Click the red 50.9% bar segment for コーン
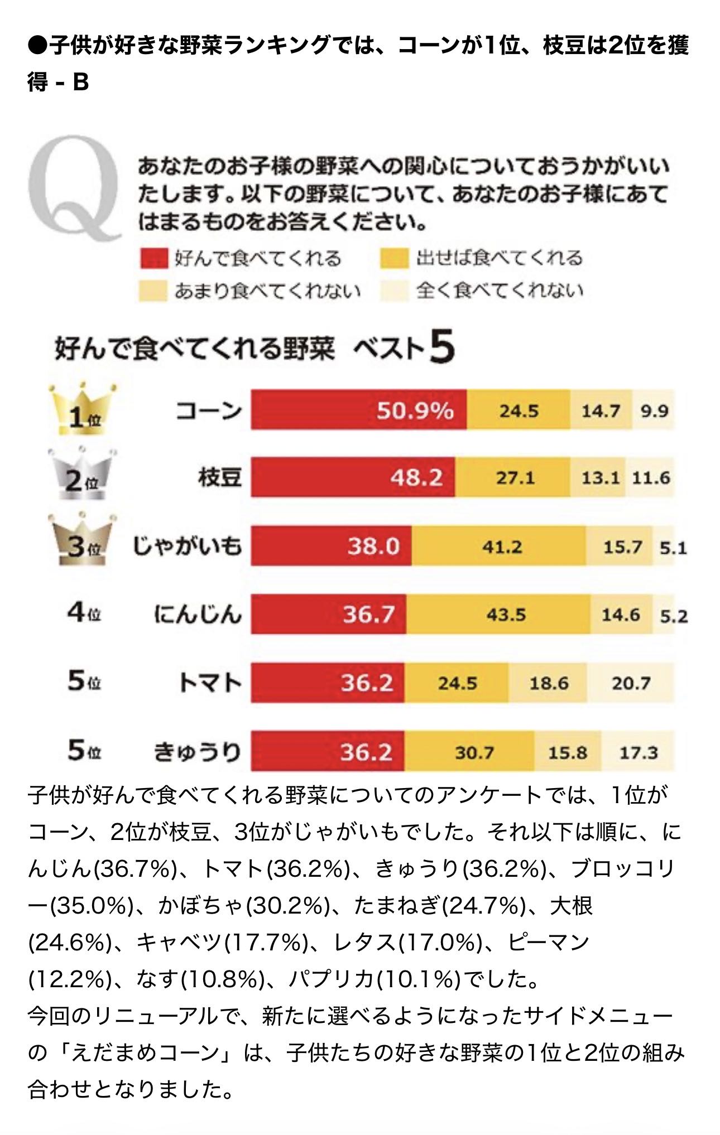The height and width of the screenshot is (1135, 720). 358,410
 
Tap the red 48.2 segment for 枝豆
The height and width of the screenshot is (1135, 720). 353,477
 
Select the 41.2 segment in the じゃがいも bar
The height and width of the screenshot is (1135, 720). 499,547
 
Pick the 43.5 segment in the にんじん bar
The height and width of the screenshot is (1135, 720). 498,615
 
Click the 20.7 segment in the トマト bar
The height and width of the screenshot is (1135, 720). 631,683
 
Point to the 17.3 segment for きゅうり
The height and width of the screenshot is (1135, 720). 638,752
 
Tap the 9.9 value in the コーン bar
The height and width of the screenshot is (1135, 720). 654,411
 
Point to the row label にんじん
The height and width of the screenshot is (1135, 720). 198,615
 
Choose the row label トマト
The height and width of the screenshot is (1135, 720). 210,683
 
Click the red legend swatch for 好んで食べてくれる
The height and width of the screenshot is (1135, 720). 153,259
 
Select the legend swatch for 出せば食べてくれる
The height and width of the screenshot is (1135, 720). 395,259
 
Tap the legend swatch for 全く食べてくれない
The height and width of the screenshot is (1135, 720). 395,291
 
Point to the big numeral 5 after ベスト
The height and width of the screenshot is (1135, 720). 442,347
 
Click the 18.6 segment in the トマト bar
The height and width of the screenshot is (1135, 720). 548,683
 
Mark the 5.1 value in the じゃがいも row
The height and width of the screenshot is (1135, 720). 673,548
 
